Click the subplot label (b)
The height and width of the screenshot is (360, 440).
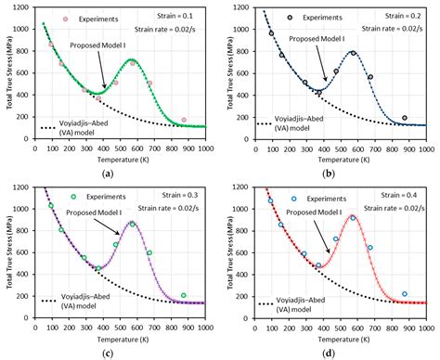click(x=329, y=174)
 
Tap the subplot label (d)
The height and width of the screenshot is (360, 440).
click(x=329, y=353)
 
